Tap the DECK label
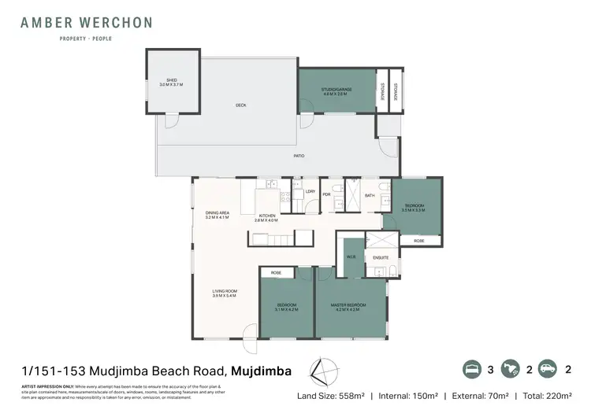pos(241,105)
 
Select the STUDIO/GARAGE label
pos(336,91)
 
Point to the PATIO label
pos(299,156)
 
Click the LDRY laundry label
pos(299,192)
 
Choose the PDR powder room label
pos(326,196)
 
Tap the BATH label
pos(370,196)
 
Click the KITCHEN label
pos(267,218)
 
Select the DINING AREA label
pos(217,214)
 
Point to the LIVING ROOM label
pos(225,293)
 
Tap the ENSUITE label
pos(381,257)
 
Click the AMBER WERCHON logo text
pos(87,22)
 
